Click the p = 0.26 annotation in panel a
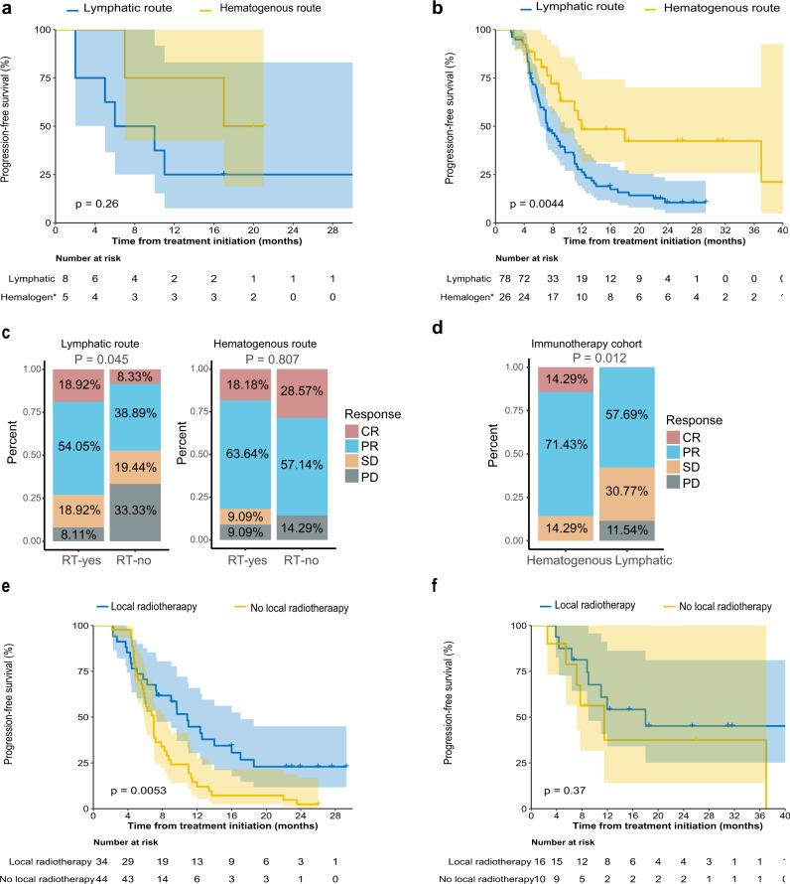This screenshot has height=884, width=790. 98,204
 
